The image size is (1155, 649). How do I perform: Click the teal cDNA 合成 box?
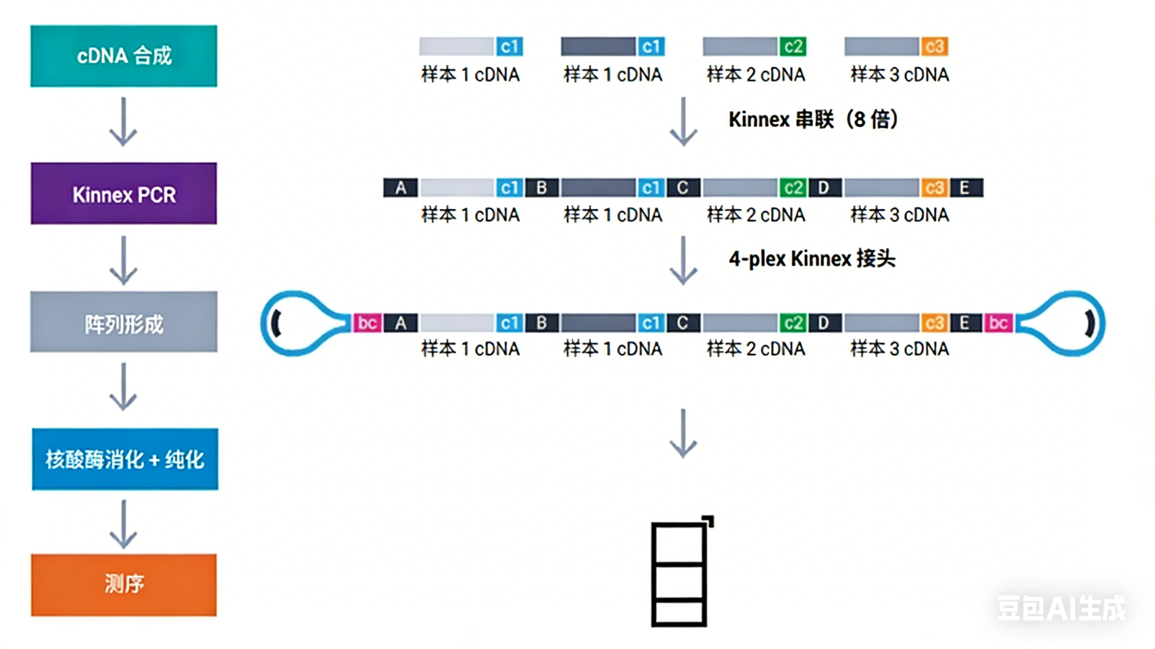coord(124,56)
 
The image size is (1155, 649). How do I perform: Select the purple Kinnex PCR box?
coord(124,194)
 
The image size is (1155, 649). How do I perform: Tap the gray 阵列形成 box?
coord(124,322)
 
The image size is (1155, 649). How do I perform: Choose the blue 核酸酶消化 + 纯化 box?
coord(125,460)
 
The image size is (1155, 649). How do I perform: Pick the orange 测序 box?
coord(124,585)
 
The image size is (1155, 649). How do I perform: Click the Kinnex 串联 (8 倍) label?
coord(812,120)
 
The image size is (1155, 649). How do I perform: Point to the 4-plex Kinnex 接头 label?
coord(811,259)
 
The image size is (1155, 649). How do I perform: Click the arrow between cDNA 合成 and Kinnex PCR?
coord(123,122)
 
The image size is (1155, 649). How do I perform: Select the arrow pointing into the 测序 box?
coord(123,524)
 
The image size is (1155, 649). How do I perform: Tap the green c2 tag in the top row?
coord(793,47)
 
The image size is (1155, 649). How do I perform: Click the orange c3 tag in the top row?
coord(935,47)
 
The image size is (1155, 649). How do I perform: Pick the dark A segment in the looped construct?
coord(400,323)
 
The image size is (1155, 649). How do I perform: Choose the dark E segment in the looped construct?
coord(965,323)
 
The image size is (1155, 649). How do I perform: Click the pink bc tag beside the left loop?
coord(368,323)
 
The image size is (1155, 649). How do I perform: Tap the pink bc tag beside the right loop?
coord(998,323)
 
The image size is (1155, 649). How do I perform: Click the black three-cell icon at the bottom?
coord(680,573)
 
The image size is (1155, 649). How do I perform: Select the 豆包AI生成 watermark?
coord(1061,609)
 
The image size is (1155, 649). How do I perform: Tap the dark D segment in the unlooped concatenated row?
coord(824,188)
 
